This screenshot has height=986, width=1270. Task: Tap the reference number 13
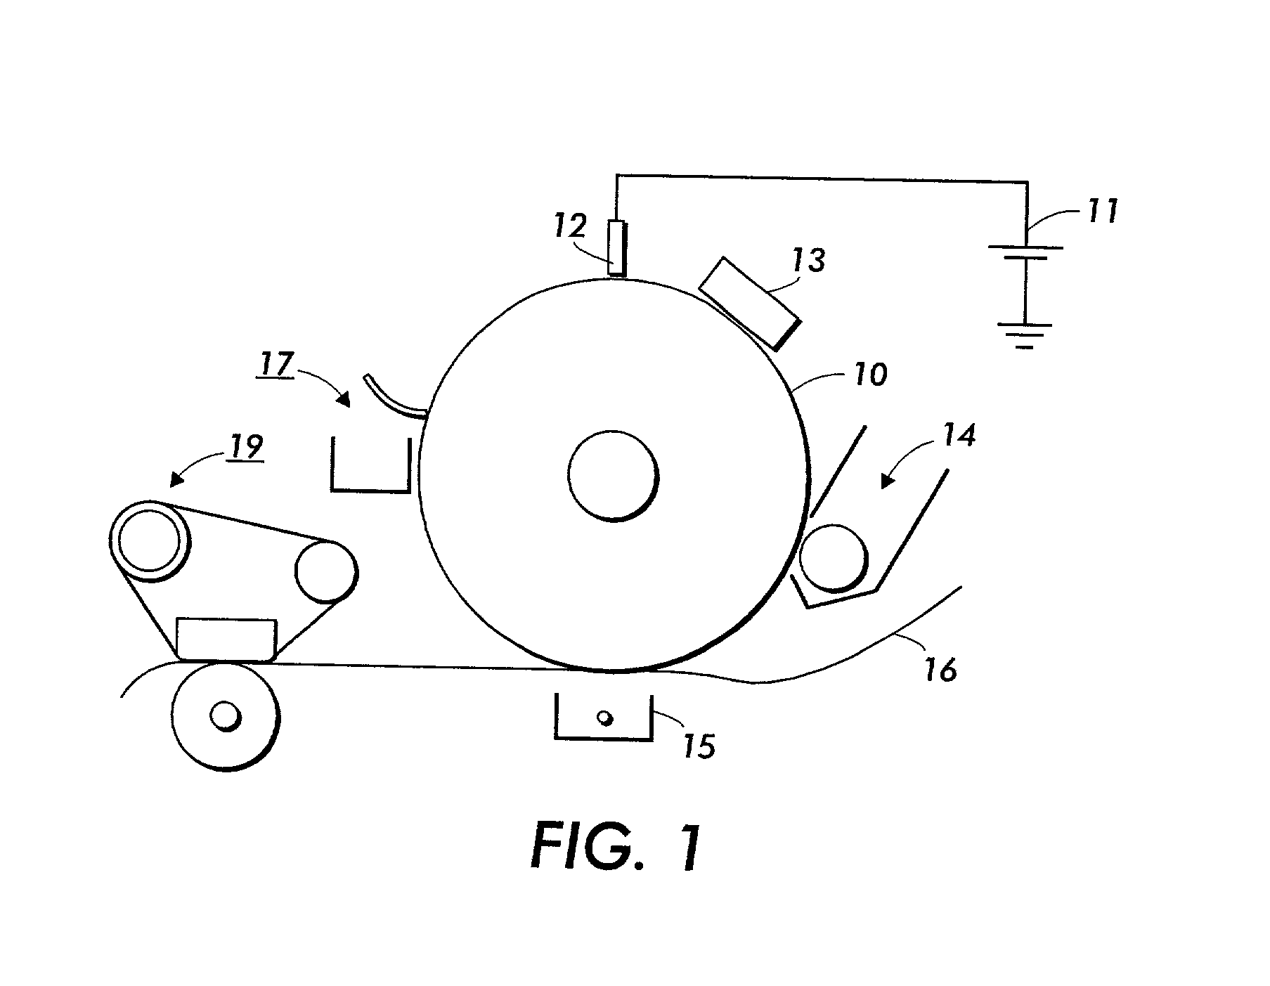click(810, 261)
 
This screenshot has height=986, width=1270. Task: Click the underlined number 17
click(276, 365)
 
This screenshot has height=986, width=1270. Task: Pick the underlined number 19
click(245, 446)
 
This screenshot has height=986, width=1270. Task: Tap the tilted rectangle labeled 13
click(750, 303)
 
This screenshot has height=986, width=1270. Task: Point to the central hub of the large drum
click(614, 476)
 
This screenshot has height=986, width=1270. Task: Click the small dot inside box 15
click(604, 718)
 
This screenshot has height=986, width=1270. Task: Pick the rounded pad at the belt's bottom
click(226, 640)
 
